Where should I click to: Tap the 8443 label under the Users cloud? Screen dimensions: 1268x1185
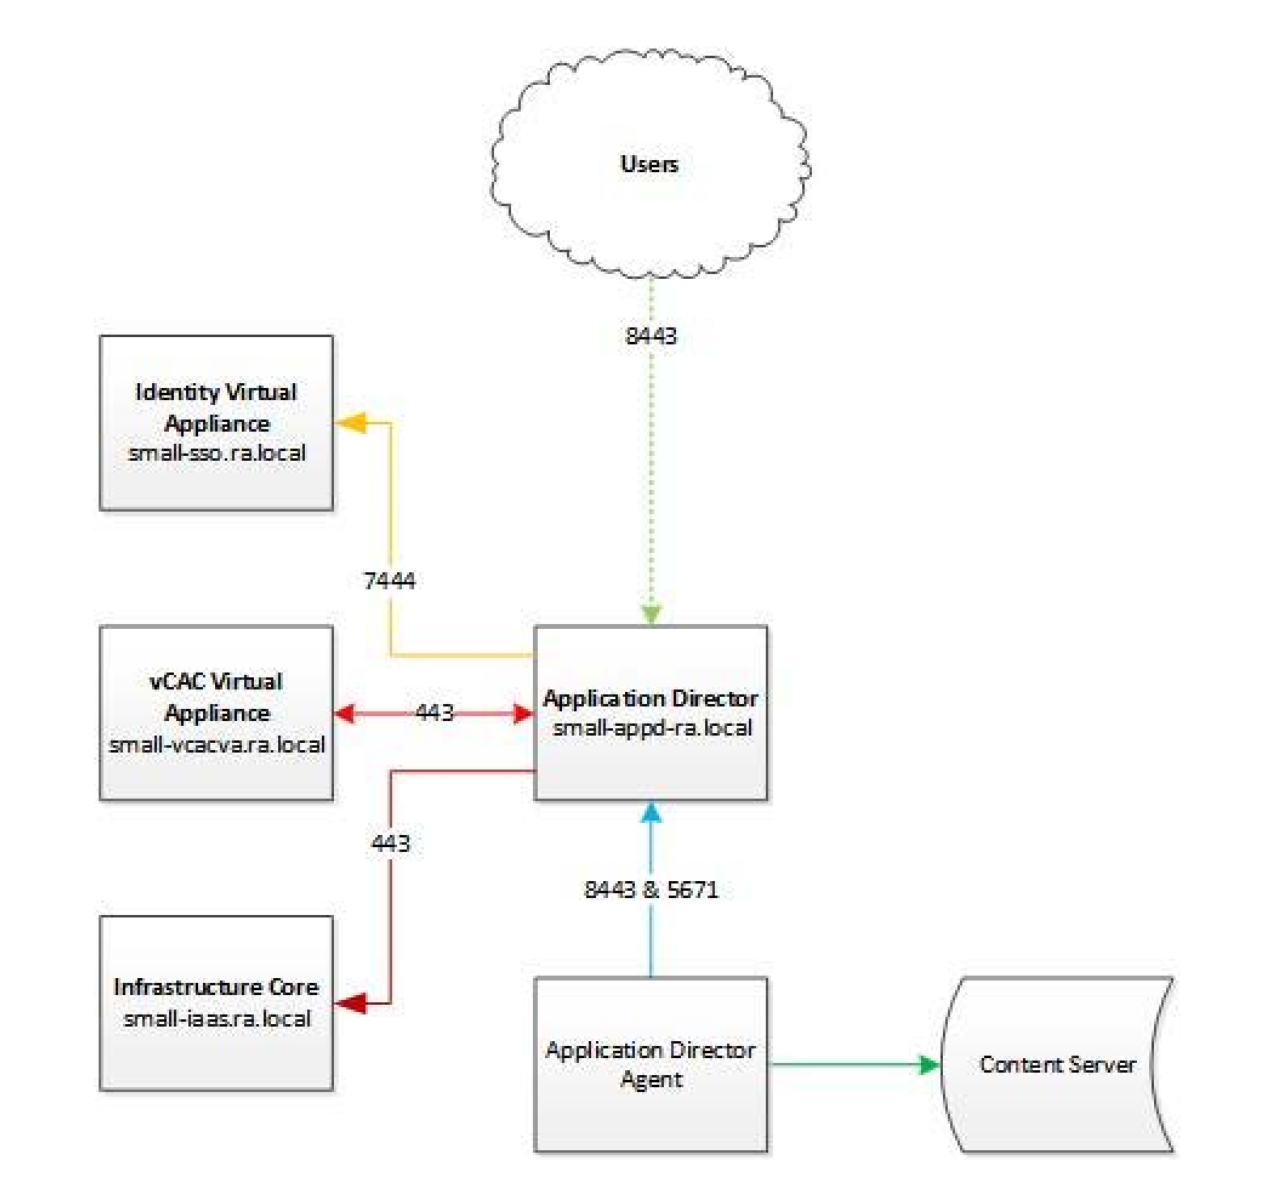point(651,335)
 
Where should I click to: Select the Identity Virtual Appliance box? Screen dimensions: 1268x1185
point(216,423)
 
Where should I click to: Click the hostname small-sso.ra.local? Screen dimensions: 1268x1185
point(217,453)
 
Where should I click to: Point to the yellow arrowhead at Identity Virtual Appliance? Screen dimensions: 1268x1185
point(351,422)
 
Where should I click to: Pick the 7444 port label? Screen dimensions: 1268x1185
point(390,580)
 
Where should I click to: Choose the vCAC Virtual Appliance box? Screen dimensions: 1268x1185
point(216,713)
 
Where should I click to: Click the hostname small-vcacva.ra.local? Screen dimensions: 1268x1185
point(217,744)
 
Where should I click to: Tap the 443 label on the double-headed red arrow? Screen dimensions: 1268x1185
point(434,712)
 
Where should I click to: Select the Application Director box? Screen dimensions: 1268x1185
point(651,713)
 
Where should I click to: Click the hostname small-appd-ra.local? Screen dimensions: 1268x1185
point(652,727)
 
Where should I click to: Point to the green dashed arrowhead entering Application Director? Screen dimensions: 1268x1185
point(651,614)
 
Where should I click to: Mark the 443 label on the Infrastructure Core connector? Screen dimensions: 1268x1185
point(391,843)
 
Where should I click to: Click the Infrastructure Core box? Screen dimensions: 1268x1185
point(216,1003)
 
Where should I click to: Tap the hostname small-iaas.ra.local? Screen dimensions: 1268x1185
point(217,1018)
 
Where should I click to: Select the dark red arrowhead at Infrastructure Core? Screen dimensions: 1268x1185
point(351,1003)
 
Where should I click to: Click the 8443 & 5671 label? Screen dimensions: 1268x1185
point(651,889)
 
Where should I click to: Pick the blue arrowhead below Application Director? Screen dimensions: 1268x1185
point(651,812)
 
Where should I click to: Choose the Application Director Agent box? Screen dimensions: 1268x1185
point(651,1065)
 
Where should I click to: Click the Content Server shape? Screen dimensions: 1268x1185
point(1057,1065)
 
